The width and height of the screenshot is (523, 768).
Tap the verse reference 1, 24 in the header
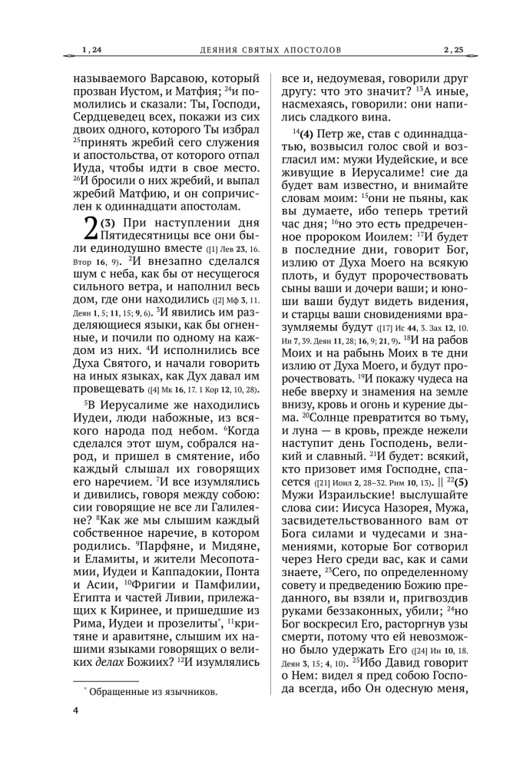coord(91,51)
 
